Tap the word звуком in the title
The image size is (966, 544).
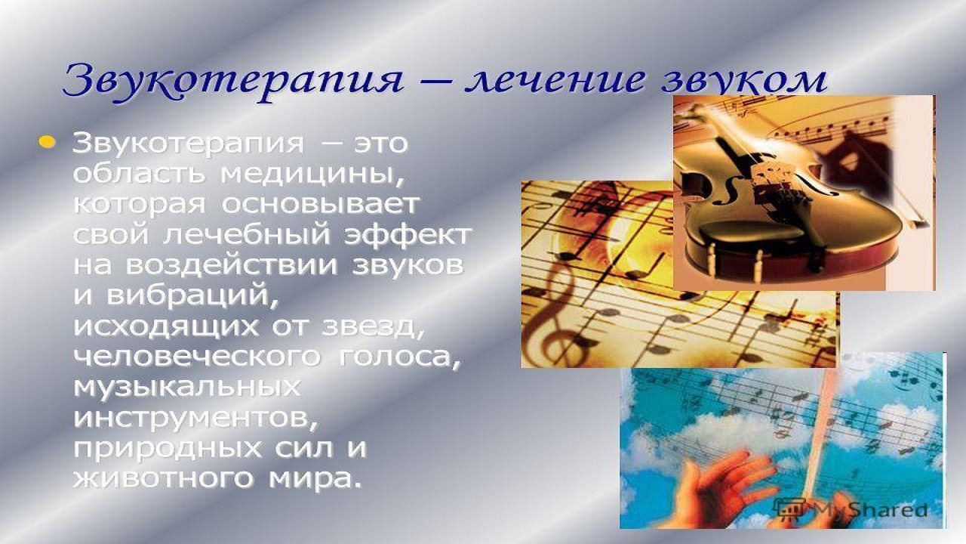(745, 83)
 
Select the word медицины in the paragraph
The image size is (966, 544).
(312, 175)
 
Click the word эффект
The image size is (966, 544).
(407, 235)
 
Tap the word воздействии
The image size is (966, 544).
(231, 266)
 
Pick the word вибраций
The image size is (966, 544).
(192, 297)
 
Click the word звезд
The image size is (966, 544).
(373, 328)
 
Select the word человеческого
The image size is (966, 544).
(198, 357)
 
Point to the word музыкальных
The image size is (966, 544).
(186, 388)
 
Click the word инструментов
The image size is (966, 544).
(195, 419)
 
